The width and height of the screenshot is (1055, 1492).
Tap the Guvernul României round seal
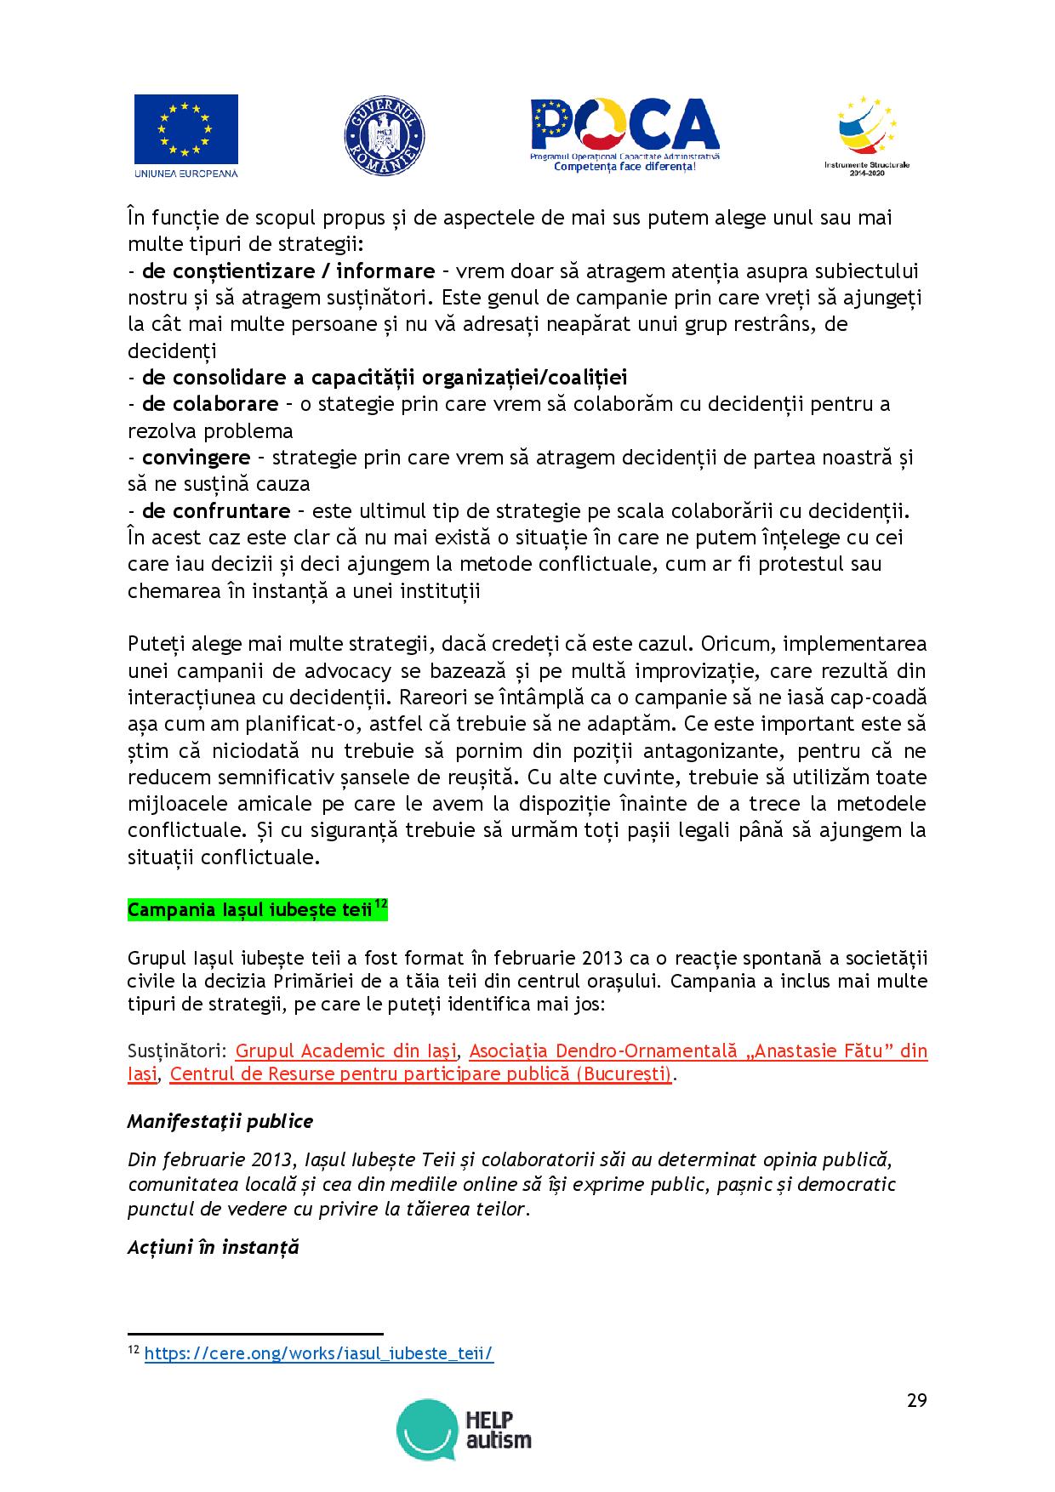(384, 136)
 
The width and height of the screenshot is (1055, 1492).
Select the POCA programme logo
(624, 134)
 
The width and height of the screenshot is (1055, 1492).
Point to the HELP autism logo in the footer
(465, 1430)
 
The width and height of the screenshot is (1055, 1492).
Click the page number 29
(916, 1401)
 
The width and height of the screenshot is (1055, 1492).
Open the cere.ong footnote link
(319, 1353)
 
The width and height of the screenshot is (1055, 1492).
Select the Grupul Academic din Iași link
(346, 1050)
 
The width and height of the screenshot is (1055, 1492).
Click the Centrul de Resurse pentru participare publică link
(420, 1073)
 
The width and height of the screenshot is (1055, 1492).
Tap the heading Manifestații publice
(220, 1121)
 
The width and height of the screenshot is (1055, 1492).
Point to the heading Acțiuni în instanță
(214, 1247)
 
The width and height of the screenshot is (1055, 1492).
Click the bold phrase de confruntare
(216, 511)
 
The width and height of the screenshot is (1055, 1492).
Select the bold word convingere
(197, 458)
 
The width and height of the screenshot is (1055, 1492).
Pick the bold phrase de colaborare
(210, 404)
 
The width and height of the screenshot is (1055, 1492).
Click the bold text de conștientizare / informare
(288, 271)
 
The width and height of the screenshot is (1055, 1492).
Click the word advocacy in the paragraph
(317, 671)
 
